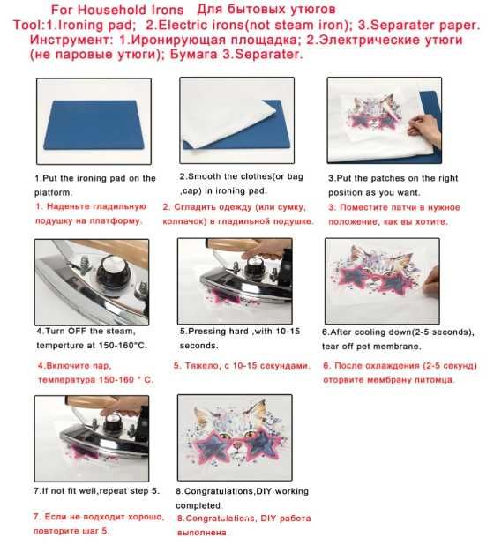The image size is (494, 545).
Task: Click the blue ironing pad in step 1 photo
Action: pyautogui.click(x=94, y=124)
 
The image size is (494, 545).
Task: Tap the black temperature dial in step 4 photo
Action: pyautogui.click(x=112, y=271)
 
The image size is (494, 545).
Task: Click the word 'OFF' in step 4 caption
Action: pyautogui.click(x=77, y=331)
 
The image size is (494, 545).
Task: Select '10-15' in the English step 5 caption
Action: pyautogui.click(x=288, y=331)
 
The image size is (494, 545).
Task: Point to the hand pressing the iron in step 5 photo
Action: pyautogui.click(x=267, y=249)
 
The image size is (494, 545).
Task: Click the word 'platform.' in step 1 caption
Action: pyautogui.click(x=53, y=192)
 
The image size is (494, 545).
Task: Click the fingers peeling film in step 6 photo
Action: pyautogui.click(x=431, y=279)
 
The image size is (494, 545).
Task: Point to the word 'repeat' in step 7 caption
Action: pyautogui.click(x=114, y=491)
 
